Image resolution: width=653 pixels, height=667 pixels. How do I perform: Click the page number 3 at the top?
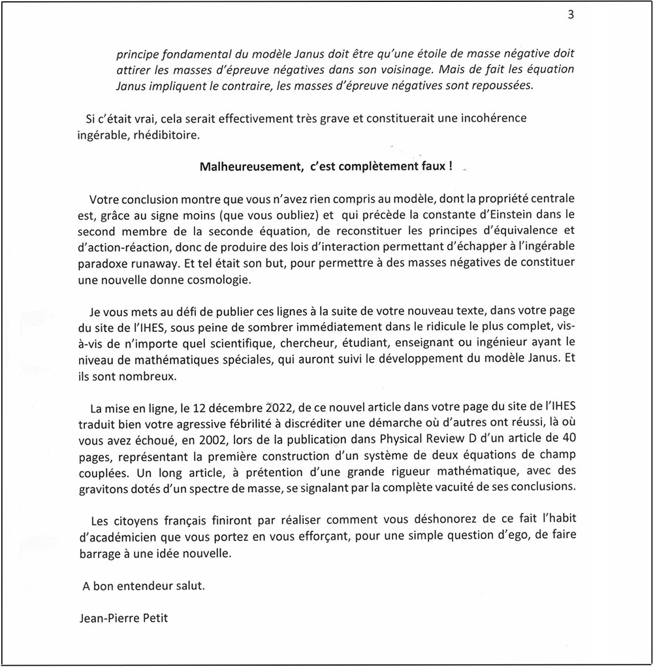(x=570, y=16)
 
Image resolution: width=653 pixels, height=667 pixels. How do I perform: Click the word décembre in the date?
(x=240, y=410)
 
